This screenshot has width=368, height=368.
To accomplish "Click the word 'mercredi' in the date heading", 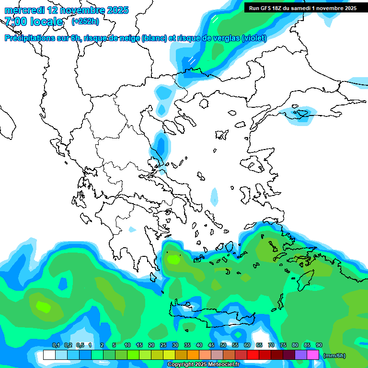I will tap(24, 10).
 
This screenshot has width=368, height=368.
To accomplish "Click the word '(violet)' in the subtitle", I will tap(254, 38).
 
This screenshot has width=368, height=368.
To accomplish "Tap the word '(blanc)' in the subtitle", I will tap(154, 38).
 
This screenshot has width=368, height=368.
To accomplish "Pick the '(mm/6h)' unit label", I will tap(334, 356).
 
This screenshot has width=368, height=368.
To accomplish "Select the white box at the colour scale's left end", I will tap(49, 355).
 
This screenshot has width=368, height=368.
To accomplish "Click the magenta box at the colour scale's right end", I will tap(313, 355).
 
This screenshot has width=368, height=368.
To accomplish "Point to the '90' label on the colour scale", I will tap(319, 345).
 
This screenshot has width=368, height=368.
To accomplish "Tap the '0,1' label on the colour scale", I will tap(56, 345).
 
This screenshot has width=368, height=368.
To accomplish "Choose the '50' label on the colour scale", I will tap(223, 345).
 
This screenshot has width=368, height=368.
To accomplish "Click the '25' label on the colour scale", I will tap(163, 345).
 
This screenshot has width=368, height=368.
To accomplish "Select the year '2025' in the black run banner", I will tap(348, 8).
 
